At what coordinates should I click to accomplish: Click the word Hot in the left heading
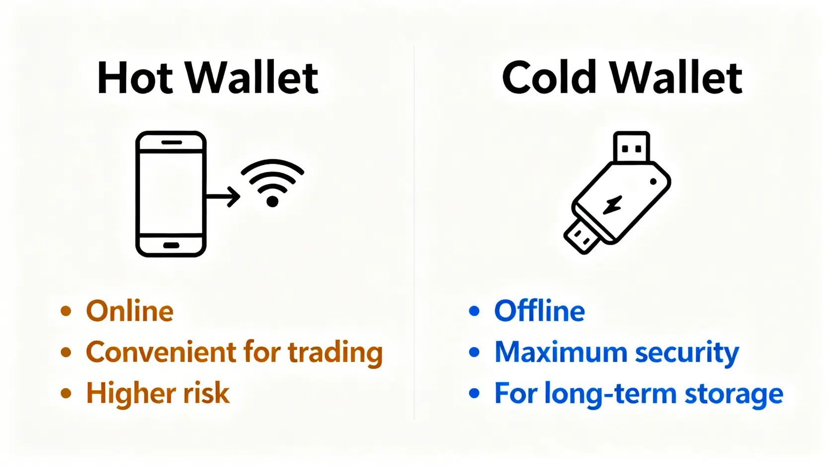[135, 78]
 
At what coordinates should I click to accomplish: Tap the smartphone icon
[171, 194]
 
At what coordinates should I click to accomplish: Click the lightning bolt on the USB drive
[613, 204]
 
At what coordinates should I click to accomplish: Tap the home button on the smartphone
[171, 245]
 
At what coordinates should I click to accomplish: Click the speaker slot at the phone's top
[171, 143]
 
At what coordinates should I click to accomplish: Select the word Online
[130, 311]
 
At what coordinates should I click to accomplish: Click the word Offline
[539, 311]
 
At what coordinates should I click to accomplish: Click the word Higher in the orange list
[130, 393]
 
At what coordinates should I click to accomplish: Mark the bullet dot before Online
[66, 311]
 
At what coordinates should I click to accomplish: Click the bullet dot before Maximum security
[474, 352]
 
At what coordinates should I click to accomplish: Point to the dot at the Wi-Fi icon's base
[272, 201]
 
